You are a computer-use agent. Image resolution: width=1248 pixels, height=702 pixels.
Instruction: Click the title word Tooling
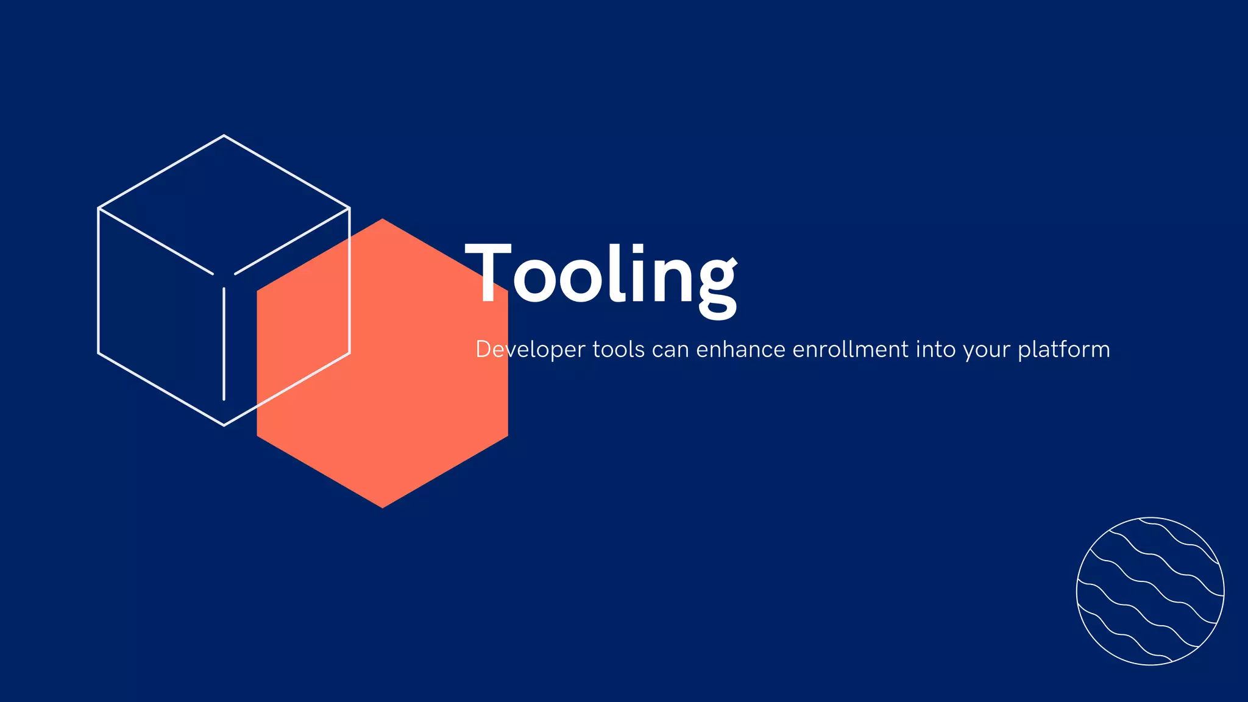pyautogui.click(x=600, y=274)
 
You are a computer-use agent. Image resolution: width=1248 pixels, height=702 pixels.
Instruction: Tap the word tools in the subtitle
pyautogui.click(x=619, y=350)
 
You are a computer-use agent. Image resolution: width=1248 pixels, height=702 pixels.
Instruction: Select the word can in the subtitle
pyautogui.click(x=670, y=350)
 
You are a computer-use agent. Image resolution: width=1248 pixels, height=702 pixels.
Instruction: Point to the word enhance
pyautogui.click(x=740, y=350)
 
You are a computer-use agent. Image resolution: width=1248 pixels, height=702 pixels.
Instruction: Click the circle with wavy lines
pyautogui.click(x=1150, y=591)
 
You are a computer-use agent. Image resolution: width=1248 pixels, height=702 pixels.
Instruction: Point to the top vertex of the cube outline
pyautogui.click(x=224, y=135)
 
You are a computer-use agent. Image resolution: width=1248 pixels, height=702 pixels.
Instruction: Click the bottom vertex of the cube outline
pyautogui.click(x=224, y=425)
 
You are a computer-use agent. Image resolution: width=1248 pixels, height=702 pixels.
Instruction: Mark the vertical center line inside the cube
pyautogui.click(x=224, y=344)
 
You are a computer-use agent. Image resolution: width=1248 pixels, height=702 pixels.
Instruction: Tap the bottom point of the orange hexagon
pyautogui.click(x=383, y=507)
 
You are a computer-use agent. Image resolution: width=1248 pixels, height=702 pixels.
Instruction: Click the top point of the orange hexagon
pyautogui.click(x=383, y=219)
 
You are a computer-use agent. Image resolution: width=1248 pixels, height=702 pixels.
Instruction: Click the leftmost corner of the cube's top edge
pyautogui.click(x=99, y=208)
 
